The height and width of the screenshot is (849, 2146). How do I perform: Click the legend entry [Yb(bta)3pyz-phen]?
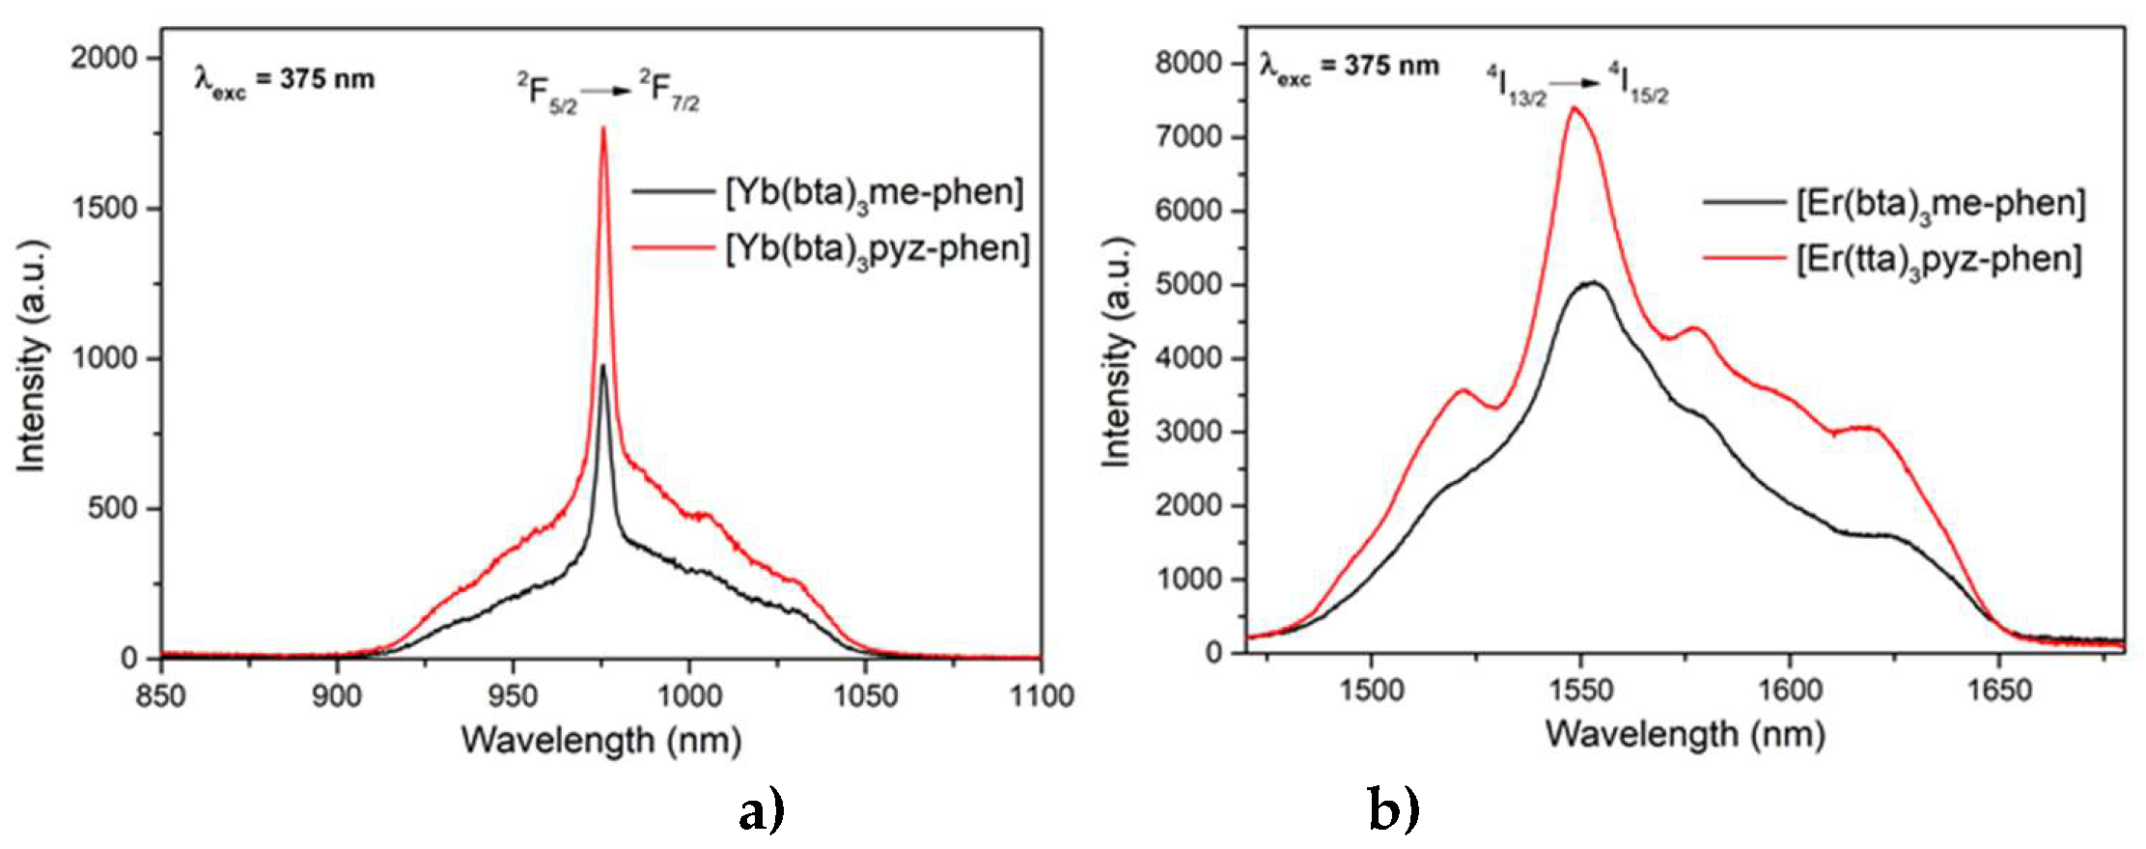(877, 249)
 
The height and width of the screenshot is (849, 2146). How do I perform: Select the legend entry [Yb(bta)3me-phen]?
(874, 192)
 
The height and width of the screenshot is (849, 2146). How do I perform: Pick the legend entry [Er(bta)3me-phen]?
(1940, 204)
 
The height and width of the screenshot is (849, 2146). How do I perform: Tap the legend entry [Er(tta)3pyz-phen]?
(1938, 259)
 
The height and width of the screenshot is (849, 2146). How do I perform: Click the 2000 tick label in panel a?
(103, 58)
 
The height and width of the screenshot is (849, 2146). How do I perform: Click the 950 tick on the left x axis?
(513, 695)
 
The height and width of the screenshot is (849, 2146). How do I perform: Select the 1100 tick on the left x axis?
(1041, 695)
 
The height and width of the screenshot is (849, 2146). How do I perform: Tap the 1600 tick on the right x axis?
(1790, 690)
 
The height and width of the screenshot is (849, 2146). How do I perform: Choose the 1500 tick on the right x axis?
(1371, 690)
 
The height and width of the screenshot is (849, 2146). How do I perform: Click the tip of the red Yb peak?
(603, 127)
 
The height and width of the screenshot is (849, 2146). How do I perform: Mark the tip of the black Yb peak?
(603, 365)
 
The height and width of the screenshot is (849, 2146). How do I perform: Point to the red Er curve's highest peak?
(1574, 107)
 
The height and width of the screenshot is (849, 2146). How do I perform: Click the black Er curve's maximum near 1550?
(1591, 282)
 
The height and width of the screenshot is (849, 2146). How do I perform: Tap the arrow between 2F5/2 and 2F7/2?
(606, 91)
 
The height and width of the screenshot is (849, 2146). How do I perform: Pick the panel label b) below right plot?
(1393, 809)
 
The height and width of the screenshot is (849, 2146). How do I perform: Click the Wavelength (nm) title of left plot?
(601, 741)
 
